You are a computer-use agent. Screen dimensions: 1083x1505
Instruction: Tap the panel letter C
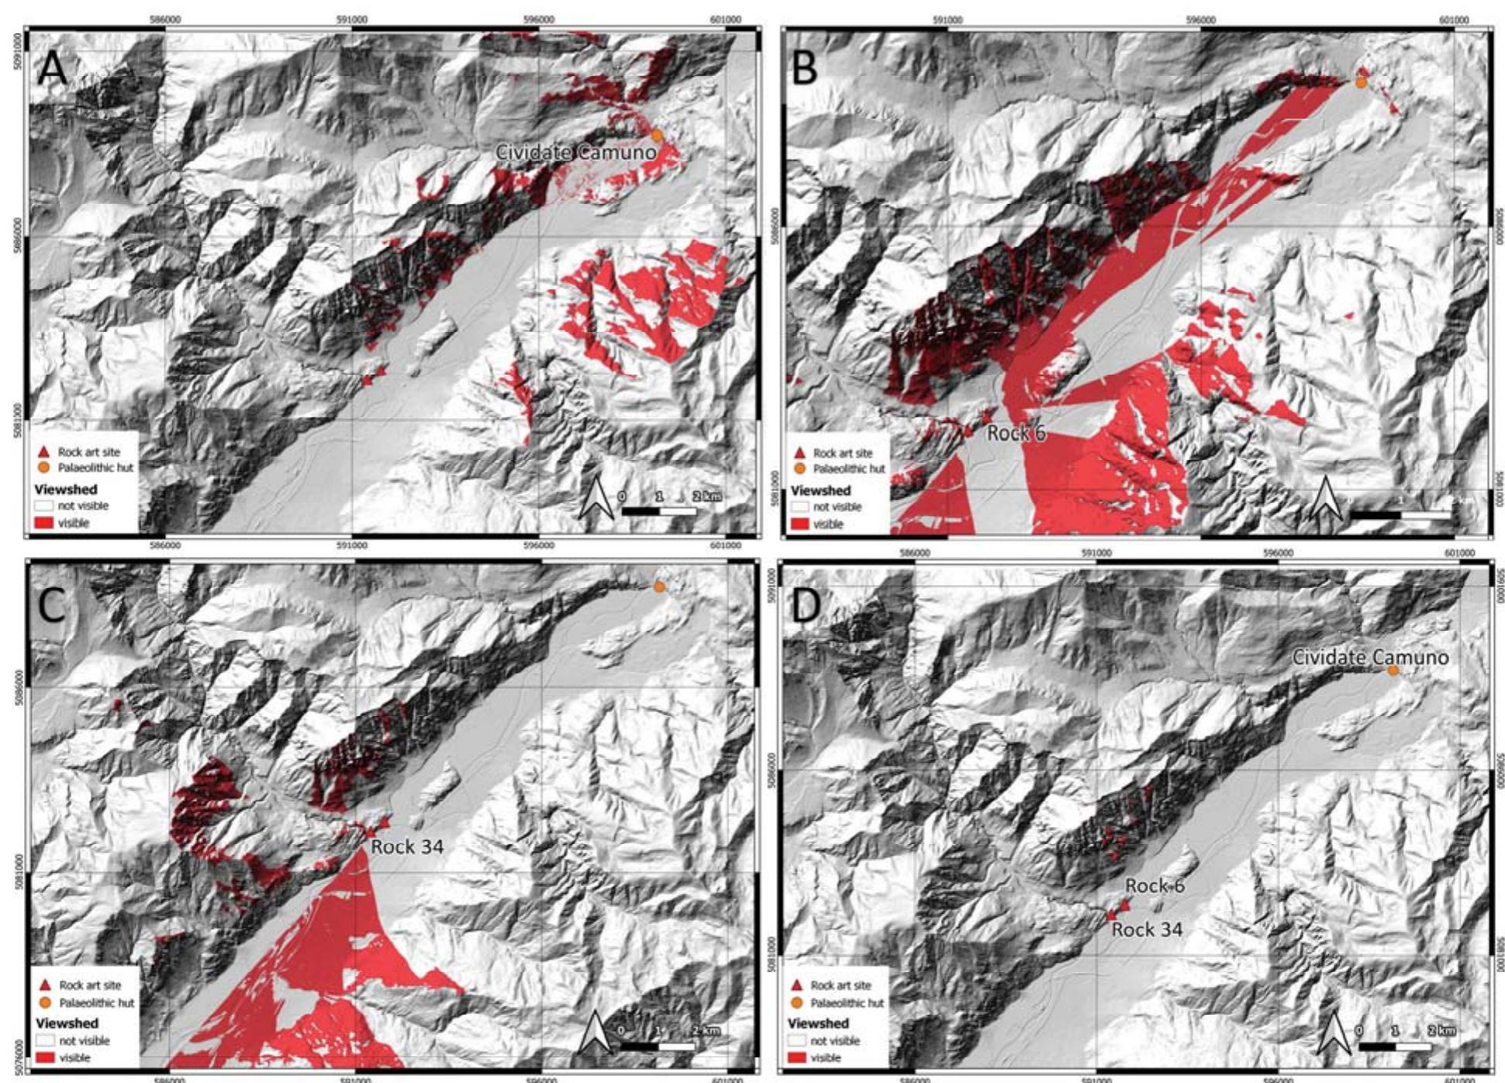51,604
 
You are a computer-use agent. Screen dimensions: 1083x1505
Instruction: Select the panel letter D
806,605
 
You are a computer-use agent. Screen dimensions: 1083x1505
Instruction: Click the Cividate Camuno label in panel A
575,152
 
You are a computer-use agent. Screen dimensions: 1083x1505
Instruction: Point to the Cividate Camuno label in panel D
1369,657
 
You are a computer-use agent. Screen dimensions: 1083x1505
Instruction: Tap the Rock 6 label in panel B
1016,433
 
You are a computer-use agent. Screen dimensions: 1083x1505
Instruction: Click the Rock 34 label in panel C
407,846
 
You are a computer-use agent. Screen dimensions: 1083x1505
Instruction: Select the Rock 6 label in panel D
1155,885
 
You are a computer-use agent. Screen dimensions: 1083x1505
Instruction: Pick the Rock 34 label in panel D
1147,929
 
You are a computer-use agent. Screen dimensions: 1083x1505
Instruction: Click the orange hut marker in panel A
657,135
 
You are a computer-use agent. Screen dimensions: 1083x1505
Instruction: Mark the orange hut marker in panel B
1361,81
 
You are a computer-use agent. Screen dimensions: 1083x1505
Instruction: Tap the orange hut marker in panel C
659,586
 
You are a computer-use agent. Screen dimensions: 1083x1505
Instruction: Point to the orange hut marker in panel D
1393,670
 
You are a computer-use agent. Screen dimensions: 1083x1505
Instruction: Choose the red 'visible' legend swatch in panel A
44,523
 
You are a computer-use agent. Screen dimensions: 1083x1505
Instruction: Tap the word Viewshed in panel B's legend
820,490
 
